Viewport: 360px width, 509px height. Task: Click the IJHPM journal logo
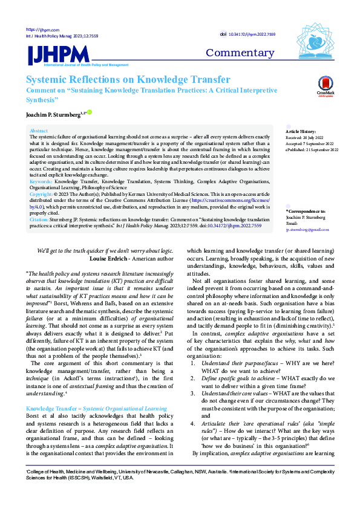[x=54, y=55]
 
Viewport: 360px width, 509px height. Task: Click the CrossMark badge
[x=326, y=87]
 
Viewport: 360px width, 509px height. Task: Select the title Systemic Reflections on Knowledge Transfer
[x=128, y=80]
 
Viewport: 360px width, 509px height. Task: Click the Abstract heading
[x=39, y=131]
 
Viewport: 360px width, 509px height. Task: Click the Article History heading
[x=301, y=131]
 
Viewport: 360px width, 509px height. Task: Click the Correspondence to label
[x=306, y=212]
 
